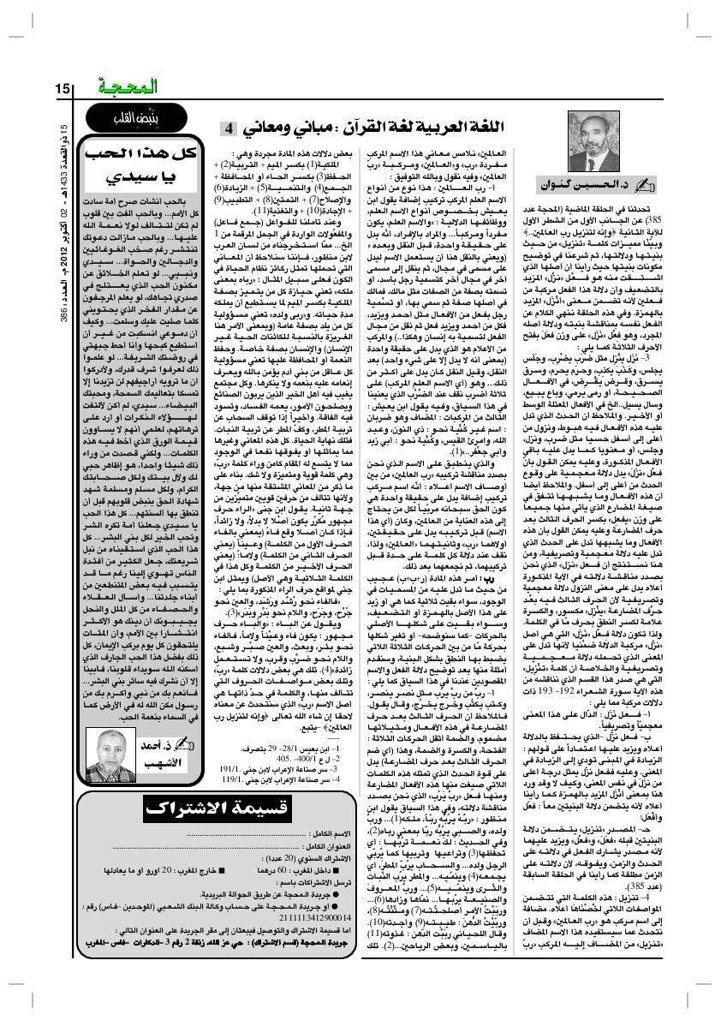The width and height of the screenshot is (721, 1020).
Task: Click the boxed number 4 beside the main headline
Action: (x=230, y=128)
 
